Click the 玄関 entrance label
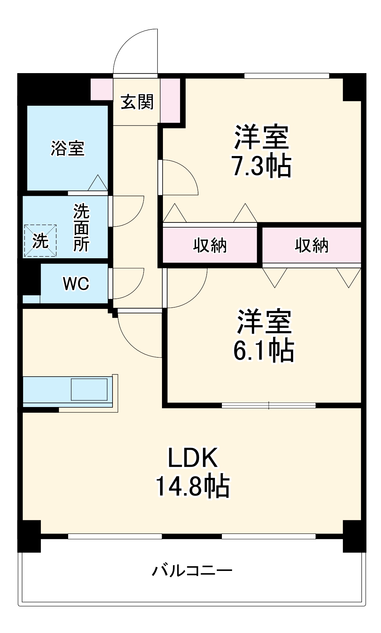137,102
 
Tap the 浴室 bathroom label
68,148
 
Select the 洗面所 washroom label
81,228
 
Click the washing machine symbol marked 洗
40,241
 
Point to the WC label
76,284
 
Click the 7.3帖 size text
262,166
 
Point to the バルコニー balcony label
192,571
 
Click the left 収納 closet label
210,245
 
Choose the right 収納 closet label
312,245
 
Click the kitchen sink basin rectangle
89,389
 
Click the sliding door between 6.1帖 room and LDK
268,405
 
